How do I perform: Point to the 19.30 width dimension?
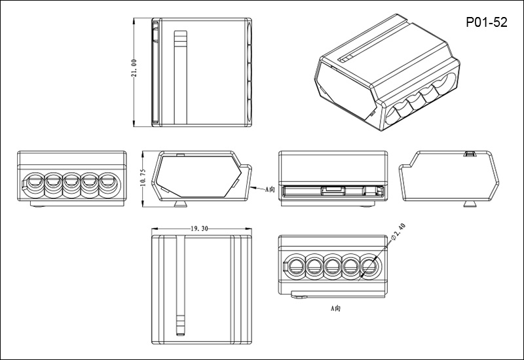[x=199, y=229]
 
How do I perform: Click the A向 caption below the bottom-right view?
[x=335, y=306]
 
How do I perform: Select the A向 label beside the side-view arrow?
[x=271, y=190]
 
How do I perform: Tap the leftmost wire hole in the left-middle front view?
[x=35, y=181]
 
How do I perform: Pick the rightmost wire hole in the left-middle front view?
[x=107, y=181]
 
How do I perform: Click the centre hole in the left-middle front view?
[x=71, y=181]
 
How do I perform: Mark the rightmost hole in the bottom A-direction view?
[x=369, y=267]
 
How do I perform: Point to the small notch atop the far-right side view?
[x=469, y=154]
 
